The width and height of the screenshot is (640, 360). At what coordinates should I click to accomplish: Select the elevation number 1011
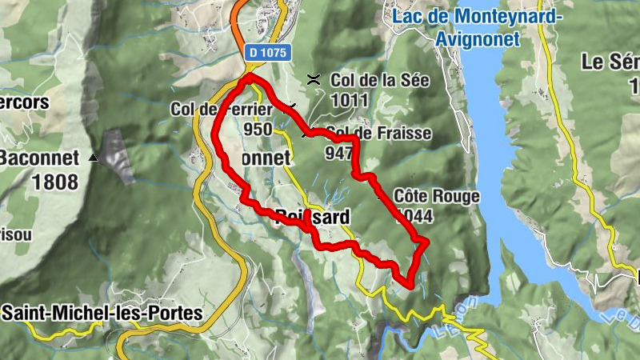pyautogui.click(x=352, y=100)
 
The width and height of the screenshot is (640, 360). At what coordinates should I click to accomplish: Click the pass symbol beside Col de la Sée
pyautogui.click(x=314, y=79)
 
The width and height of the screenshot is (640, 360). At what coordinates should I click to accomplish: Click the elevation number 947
pyautogui.click(x=338, y=152)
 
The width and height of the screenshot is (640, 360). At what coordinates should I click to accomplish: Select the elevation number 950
pyautogui.click(x=258, y=130)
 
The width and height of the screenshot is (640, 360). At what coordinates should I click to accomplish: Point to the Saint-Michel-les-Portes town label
pyautogui.click(x=102, y=313)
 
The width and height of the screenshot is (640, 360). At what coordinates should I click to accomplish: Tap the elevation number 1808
pyautogui.click(x=55, y=182)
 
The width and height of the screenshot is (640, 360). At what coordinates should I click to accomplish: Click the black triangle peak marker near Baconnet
pyautogui.click(x=94, y=158)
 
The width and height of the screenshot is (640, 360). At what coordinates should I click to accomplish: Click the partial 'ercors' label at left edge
pyautogui.click(x=24, y=102)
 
